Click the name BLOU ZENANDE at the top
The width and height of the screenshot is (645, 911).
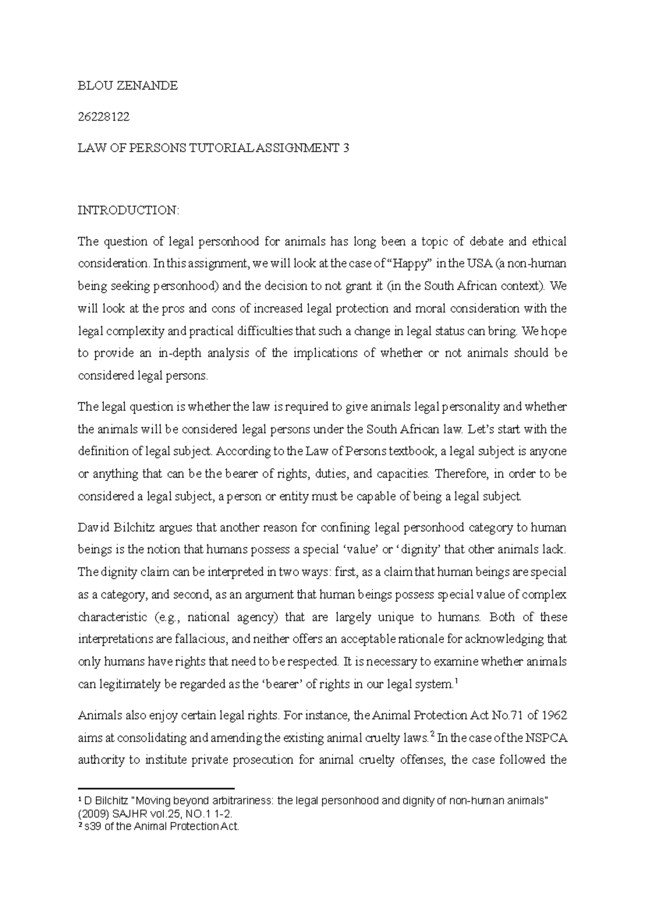pyautogui.click(x=127, y=86)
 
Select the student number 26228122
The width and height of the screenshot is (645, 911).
pyautogui.click(x=104, y=117)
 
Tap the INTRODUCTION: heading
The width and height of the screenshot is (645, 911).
pyautogui.click(x=128, y=210)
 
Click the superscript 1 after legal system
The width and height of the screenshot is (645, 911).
pyautogui.click(x=456, y=682)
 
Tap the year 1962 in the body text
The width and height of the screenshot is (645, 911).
pyautogui.click(x=554, y=715)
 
